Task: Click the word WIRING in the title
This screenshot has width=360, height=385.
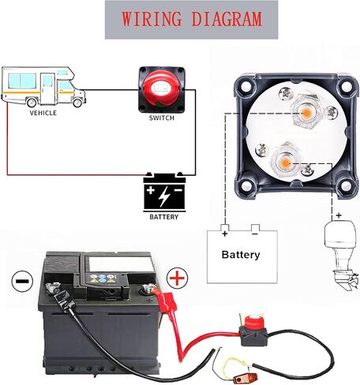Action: coord(152,19)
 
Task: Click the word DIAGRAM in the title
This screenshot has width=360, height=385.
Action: coord(227,19)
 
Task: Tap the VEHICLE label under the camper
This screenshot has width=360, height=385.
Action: coord(43,113)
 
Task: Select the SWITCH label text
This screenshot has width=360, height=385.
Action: coord(162,118)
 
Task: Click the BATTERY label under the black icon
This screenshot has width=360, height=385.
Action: coord(164,217)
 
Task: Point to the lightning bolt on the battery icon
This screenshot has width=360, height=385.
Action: coord(163,196)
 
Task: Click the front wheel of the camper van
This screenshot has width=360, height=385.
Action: coord(77,102)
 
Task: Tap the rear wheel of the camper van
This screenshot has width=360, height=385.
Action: coord(32,102)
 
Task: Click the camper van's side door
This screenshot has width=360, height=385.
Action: coord(47,88)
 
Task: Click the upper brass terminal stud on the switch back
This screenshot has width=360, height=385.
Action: coord(306,114)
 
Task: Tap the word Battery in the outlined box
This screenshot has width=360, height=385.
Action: coord(241,255)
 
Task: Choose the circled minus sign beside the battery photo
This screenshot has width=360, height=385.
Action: coord(22,281)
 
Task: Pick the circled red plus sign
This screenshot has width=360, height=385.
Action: coord(178,278)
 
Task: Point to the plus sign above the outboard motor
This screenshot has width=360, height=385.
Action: coord(339,215)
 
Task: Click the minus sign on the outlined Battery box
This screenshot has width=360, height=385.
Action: coord(255,234)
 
